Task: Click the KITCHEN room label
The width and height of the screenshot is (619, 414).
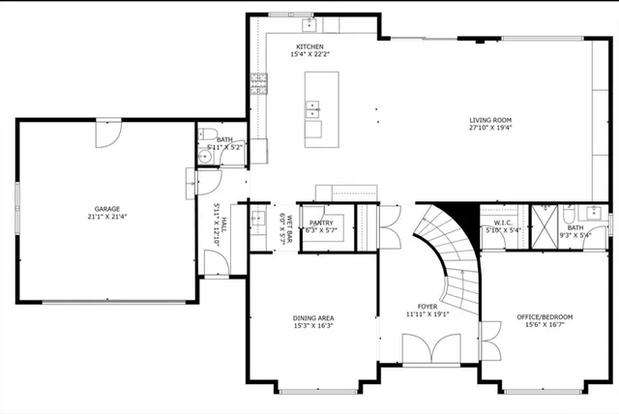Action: coord(309,46)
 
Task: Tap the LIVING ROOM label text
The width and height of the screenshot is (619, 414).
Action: coord(490,119)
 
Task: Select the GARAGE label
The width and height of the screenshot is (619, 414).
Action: coord(106,208)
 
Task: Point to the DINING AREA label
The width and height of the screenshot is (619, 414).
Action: coord(314,317)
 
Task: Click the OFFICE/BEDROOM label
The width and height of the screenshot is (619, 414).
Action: coord(544,317)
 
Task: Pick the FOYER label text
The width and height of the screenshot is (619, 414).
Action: coord(427,306)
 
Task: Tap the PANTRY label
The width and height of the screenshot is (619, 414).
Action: coord(321,222)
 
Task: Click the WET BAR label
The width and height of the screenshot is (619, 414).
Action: coord(288,226)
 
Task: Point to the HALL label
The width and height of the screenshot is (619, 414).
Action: coord(222,226)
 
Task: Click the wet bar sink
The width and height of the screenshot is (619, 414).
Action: coord(258,218)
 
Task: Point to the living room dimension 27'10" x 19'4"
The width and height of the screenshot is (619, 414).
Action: coord(490,128)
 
